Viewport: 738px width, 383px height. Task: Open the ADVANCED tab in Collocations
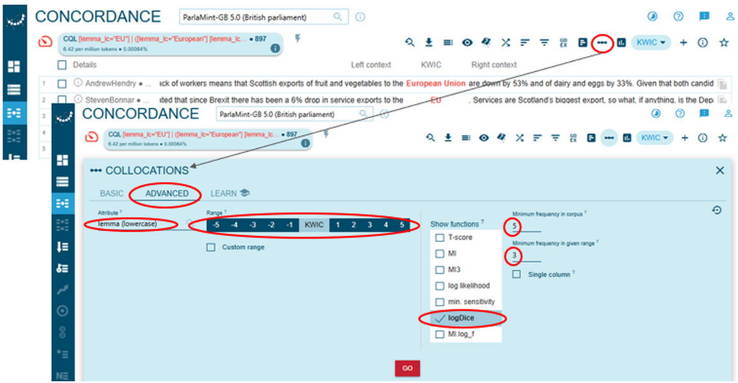(167, 193)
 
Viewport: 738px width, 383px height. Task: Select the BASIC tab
(112, 193)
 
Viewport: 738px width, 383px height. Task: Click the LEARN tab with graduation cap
(230, 193)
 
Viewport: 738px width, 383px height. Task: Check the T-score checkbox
(439, 237)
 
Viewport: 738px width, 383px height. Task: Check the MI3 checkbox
(439, 269)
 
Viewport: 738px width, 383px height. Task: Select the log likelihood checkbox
(439, 285)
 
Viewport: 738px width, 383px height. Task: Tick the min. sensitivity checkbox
(439, 301)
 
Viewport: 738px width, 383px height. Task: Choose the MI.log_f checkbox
(439, 334)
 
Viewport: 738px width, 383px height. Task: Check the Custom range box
(211, 247)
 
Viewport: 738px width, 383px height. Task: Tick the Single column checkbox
(517, 274)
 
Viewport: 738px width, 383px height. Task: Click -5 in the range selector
(217, 225)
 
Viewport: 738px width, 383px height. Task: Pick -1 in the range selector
(289, 225)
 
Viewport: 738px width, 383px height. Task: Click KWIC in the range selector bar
(314, 225)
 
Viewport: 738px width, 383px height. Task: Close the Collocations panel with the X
(719, 170)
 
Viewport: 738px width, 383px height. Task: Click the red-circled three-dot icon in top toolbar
(601, 43)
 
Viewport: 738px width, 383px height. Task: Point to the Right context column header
(493, 64)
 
